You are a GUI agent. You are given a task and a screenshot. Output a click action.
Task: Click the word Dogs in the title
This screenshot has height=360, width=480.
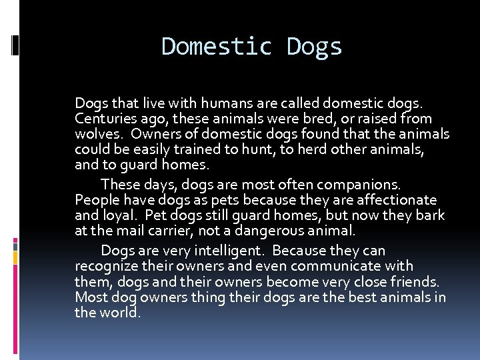314,47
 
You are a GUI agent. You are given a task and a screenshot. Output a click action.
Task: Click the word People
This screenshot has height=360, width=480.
96,200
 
